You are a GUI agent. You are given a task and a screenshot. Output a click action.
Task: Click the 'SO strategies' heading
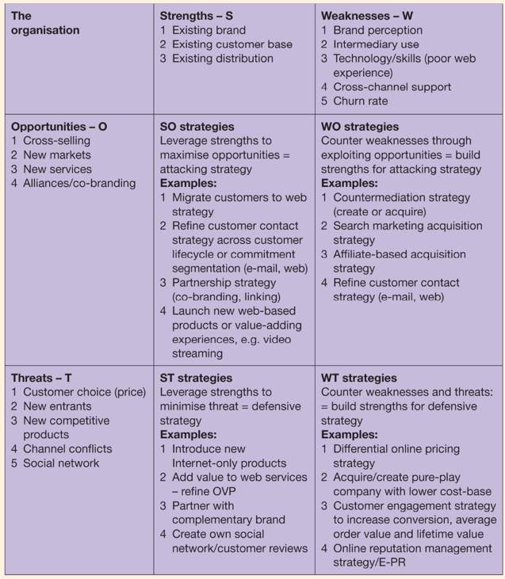pos(197,127)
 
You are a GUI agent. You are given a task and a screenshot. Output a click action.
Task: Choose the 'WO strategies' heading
pos(360,127)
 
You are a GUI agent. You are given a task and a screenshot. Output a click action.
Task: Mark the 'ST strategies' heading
pos(196,378)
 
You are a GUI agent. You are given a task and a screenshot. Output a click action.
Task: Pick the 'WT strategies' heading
pos(359,378)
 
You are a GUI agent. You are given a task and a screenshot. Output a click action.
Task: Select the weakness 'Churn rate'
pos(362,101)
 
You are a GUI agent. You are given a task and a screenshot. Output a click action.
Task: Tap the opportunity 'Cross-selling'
pos(56,141)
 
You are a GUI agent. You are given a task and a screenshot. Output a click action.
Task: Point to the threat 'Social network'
pos(61,463)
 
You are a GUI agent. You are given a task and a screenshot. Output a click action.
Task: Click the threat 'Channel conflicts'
pos(67,448)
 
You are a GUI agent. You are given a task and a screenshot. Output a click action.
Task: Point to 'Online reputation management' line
pos(412,548)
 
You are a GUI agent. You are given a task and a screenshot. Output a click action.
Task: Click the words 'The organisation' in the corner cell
pos(45,23)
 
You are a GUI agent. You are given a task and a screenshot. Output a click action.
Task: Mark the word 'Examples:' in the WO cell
pos(350,183)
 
